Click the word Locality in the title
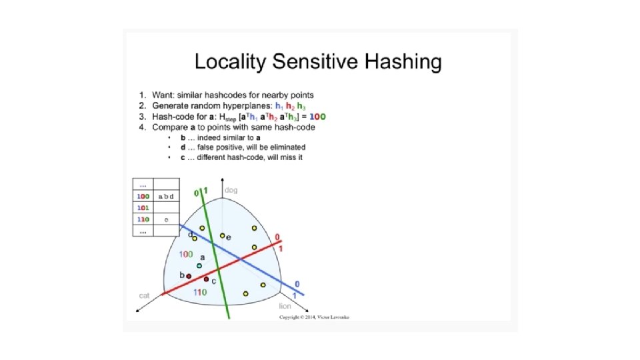click(228, 63)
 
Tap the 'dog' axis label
click(231, 190)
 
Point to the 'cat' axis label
click(143, 295)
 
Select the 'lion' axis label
click(285, 305)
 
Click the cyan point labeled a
click(199, 265)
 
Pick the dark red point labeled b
click(189, 276)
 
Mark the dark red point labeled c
click(207, 279)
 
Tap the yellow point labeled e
click(222, 236)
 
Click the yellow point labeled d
click(195, 239)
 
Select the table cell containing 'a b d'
click(165, 197)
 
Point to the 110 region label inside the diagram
click(199, 292)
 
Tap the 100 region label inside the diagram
click(186, 255)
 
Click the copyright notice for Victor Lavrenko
click(313, 317)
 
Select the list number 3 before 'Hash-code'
click(142, 117)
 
